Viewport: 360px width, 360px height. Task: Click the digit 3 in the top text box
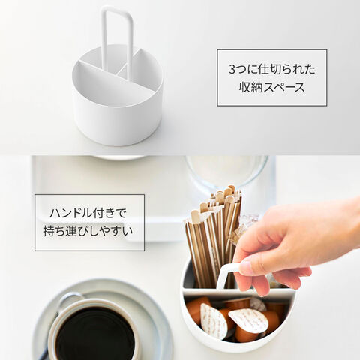pos(232,69)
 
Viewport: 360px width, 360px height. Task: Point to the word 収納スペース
pos(272,87)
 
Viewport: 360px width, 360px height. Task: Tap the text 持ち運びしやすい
pos(88,231)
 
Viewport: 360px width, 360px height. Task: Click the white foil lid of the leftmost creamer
pos(213,321)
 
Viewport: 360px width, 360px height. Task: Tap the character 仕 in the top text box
pos(263,69)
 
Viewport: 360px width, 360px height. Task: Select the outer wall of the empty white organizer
pos(118,118)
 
